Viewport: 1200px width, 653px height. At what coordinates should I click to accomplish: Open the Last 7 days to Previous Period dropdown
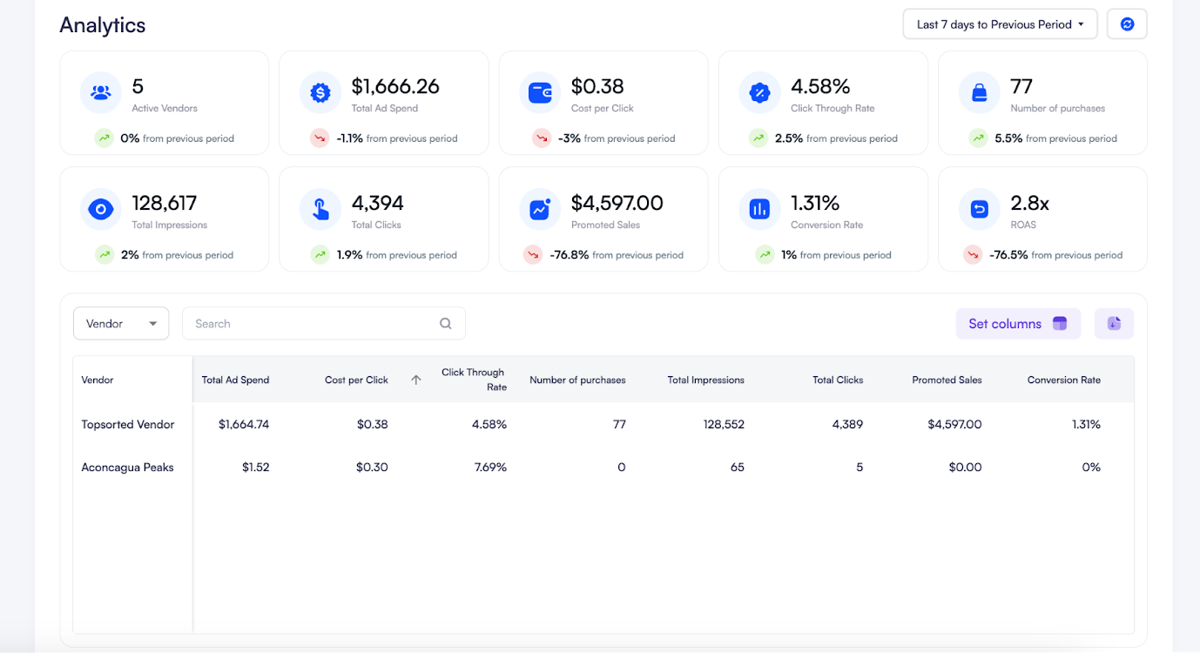click(999, 24)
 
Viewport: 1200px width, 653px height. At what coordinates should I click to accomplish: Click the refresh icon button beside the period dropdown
click(1127, 24)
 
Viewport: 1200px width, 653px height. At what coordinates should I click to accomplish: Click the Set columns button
click(1017, 324)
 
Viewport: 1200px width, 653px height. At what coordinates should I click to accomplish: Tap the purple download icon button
click(1114, 324)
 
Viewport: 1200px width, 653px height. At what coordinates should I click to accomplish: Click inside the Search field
click(313, 324)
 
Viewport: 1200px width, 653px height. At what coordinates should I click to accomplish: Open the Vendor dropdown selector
click(121, 324)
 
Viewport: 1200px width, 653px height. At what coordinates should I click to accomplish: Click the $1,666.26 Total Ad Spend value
click(395, 86)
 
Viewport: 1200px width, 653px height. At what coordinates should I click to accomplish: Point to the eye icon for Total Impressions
click(101, 209)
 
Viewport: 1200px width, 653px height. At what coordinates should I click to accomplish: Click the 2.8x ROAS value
click(1029, 203)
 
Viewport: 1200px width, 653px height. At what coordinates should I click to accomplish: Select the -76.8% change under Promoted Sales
click(570, 255)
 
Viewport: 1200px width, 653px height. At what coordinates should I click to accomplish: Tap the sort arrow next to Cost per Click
click(416, 380)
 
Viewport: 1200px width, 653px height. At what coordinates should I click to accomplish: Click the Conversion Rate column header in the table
click(1063, 380)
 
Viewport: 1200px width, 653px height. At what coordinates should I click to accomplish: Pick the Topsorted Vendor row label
click(128, 425)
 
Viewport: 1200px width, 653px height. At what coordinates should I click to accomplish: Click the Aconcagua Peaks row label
click(127, 468)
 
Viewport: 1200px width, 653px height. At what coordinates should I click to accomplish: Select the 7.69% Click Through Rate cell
click(490, 468)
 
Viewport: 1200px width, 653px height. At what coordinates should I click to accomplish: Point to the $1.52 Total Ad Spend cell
click(255, 468)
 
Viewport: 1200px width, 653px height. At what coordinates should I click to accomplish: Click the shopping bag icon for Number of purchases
click(979, 92)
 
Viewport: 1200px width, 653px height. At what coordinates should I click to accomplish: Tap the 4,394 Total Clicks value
click(377, 203)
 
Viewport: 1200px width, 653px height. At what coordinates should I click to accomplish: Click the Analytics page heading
click(103, 25)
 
